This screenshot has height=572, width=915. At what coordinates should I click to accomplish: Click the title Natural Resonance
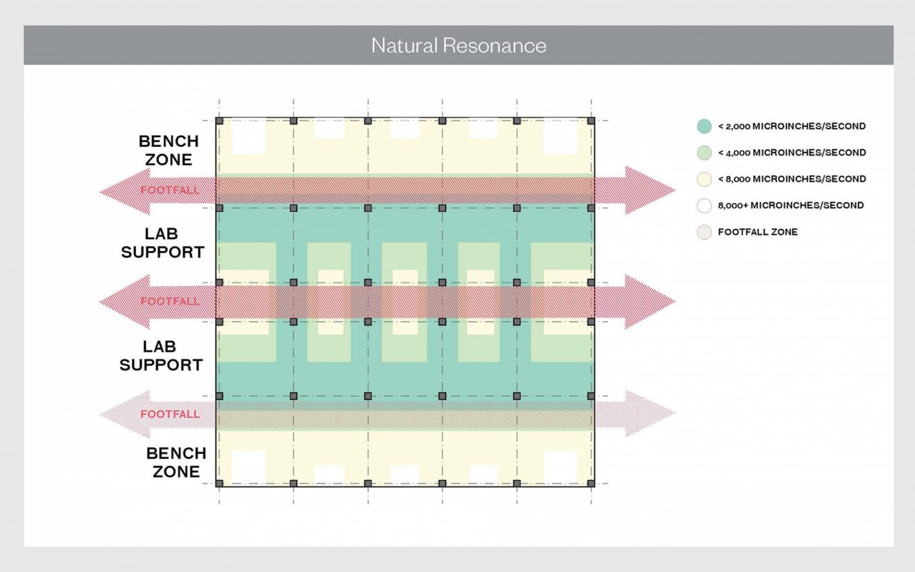pyautogui.click(x=458, y=46)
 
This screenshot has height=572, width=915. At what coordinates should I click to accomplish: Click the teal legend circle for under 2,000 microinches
pyautogui.click(x=704, y=126)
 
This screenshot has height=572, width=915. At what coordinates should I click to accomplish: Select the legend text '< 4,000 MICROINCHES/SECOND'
pyautogui.click(x=792, y=153)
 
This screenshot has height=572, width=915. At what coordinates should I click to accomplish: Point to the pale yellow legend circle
pyautogui.click(x=704, y=179)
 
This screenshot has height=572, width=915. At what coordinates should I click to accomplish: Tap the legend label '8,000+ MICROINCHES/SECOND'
pyautogui.click(x=790, y=205)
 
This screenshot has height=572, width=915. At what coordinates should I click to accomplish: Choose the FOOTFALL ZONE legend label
pyautogui.click(x=757, y=232)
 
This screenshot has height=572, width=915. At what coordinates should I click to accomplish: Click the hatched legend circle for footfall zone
pyautogui.click(x=704, y=232)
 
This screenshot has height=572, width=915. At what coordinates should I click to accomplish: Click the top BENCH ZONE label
pyautogui.click(x=168, y=151)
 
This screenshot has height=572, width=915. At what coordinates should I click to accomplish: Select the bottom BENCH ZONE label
pyautogui.click(x=176, y=463)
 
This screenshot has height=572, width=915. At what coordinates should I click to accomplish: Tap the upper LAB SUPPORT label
pyautogui.click(x=163, y=243)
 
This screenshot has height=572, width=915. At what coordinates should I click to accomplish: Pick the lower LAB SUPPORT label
pyautogui.click(x=161, y=356)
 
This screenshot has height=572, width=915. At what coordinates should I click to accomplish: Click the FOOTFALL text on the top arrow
pyautogui.click(x=170, y=190)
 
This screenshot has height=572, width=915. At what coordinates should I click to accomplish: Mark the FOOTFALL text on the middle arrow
pyautogui.click(x=170, y=301)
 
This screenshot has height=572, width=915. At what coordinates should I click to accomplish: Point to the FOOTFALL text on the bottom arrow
pyautogui.click(x=170, y=414)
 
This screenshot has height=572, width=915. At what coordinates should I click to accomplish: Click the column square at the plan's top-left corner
pyautogui.click(x=219, y=121)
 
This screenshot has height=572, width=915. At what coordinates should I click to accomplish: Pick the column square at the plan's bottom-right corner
pyautogui.click(x=591, y=484)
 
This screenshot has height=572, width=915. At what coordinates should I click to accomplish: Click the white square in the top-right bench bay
pyautogui.click(x=560, y=136)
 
